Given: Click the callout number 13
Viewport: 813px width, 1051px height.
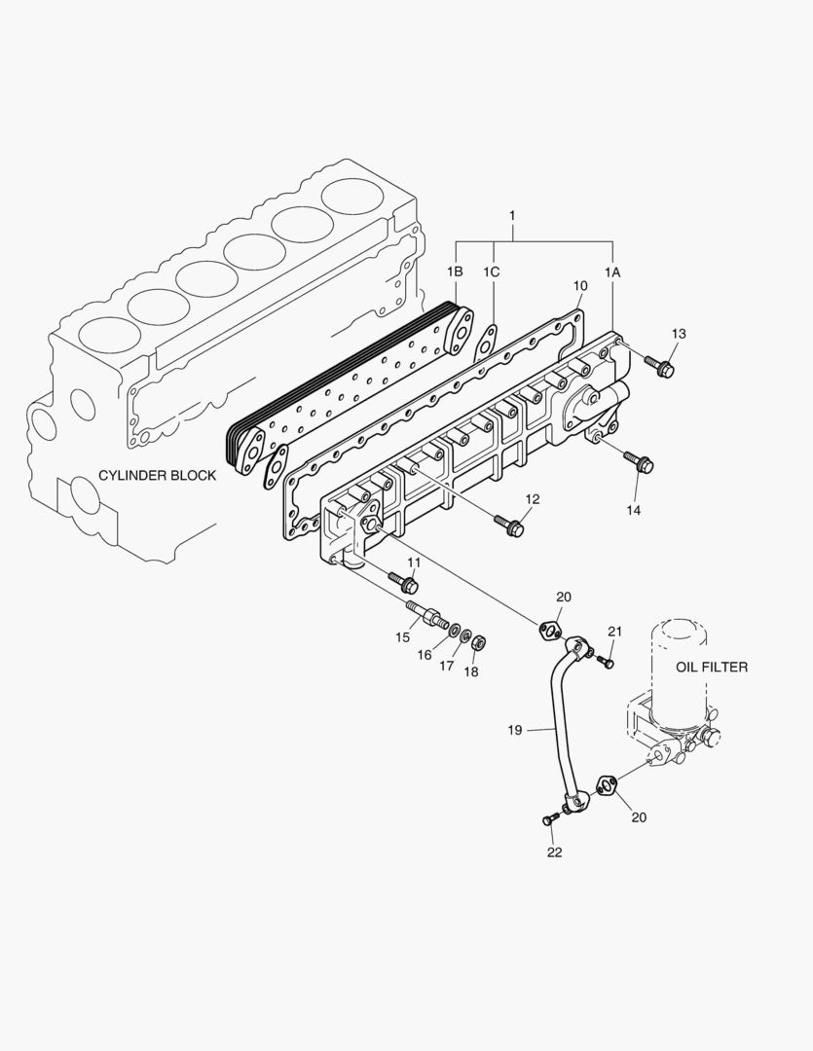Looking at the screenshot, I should pyautogui.click(x=679, y=334).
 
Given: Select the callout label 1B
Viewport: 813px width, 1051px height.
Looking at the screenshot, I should pyautogui.click(x=455, y=272).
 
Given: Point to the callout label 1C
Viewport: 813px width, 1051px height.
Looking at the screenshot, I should pyautogui.click(x=492, y=272).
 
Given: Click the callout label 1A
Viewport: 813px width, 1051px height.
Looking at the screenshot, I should pyautogui.click(x=611, y=272).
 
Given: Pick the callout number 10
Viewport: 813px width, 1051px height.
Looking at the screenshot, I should pyautogui.click(x=580, y=285).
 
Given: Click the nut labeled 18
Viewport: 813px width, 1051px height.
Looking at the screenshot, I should pyautogui.click(x=478, y=642).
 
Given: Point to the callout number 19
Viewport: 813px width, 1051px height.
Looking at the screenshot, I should pyautogui.click(x=516, y=729).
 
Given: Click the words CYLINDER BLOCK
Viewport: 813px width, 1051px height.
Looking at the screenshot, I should pyautogui.click(x=157, y=476).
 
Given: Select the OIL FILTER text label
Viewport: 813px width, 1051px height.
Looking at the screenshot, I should pyautogui.click(x=712, y=667).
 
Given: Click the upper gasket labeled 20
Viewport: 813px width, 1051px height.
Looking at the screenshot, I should pyautogui.click(x=549, y=631).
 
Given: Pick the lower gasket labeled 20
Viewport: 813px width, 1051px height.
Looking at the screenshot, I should pyautogui.click(x=605, y=783).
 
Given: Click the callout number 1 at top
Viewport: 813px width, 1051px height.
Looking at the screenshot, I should pyautogui.click(x=512, y=214).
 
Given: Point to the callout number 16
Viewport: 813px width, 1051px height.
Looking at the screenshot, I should pyautogui.click(x=425, y=655).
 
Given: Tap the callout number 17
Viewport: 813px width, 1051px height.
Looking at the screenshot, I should pyautogui.click(x=446, y=666).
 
